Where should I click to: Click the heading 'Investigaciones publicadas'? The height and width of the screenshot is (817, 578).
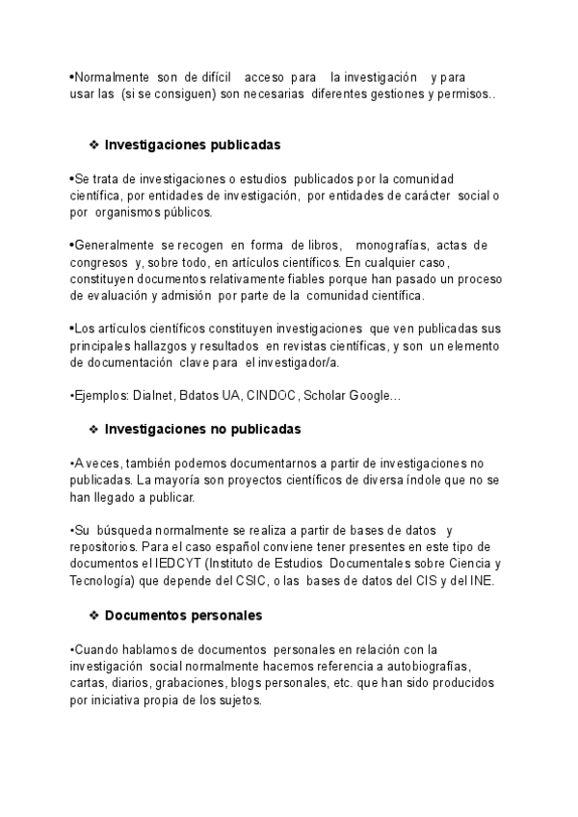pos(192,145)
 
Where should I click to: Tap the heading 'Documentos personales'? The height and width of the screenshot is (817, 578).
pos(183,614)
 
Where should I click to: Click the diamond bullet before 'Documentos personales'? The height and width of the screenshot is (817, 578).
pos(93,614)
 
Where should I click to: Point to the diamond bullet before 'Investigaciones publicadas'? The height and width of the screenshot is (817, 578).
pos(93,145)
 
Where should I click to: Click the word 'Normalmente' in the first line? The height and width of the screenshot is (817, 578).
pos(111,76)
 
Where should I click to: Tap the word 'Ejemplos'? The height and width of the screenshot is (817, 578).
pos(100,396)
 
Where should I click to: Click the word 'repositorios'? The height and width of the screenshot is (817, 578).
pos(106,546)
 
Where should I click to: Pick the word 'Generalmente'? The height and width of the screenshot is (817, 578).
pos(115,245)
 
